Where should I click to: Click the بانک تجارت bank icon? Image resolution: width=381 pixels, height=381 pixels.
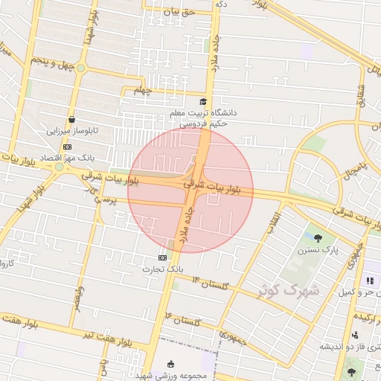[153, 257]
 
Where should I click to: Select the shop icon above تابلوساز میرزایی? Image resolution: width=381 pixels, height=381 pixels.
[71, 118]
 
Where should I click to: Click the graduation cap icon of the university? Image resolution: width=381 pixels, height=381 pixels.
[203, 101]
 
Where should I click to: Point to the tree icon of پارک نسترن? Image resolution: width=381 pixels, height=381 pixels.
[318, 238]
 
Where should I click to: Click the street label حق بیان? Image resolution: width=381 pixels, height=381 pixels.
[181, 12]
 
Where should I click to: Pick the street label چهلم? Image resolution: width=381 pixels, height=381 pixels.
[141, 91]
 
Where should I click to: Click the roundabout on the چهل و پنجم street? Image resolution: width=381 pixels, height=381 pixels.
[81, 68]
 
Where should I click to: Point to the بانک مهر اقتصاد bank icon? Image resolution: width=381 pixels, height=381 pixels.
[67, 147]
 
